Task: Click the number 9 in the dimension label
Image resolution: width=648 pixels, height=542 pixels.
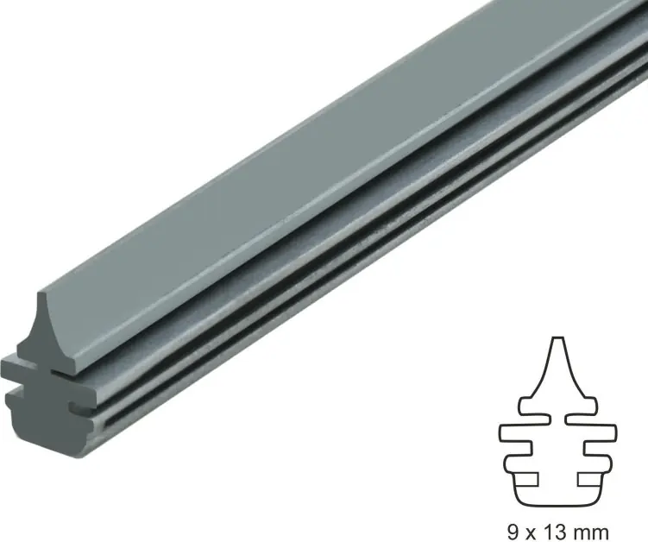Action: coord(513,533)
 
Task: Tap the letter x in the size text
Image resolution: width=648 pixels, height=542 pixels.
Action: coord(530,533)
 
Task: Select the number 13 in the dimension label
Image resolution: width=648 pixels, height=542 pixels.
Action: coord(552,533)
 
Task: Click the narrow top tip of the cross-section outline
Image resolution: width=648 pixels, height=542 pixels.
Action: coord(558,338)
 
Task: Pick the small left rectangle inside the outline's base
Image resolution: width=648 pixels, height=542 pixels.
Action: coord(525,479)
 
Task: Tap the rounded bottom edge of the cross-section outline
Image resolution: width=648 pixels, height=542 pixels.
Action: coord(558,505)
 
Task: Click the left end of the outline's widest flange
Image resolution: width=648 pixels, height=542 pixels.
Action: coord(500,433)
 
